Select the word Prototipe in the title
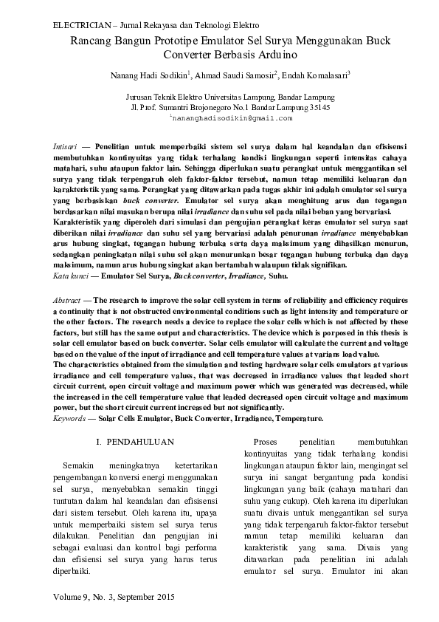pyautogui.click(x=168, y=41)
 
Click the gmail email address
pyautogui.click(x=232, y=118)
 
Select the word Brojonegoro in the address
pyautogui.click(x=212, y=107)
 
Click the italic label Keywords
pyautogui.click(x=70, y=418)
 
